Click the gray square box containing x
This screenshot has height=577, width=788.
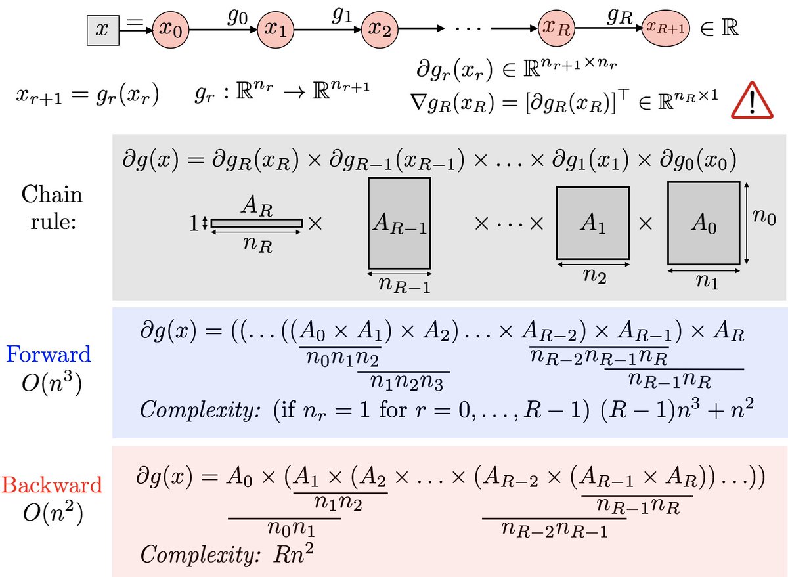click(x=103, y=30)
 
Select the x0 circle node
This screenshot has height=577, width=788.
click(x=171, y=30)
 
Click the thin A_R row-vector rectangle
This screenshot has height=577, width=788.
click(x=257, y=223)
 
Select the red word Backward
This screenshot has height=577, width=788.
click(x=52, y=485)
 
